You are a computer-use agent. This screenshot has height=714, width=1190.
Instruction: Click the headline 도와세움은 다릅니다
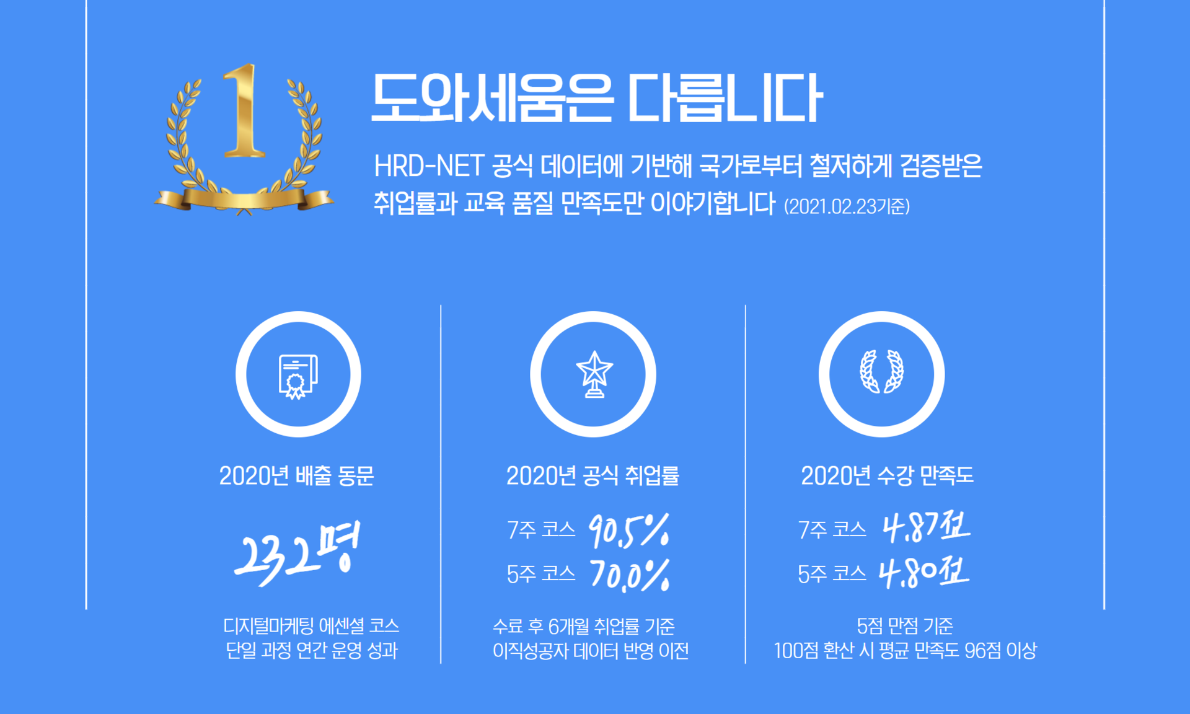point(596,98)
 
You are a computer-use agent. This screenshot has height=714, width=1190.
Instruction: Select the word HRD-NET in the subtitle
point(428,166)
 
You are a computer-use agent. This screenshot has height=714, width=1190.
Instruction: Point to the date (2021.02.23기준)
point(847,206)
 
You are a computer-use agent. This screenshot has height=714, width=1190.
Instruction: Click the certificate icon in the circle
point(298,376)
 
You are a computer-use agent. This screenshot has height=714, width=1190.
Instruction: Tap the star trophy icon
point(594,374)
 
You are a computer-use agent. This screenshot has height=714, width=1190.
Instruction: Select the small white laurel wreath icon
point(881,372)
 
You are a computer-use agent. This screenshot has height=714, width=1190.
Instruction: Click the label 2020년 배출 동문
point(296,476)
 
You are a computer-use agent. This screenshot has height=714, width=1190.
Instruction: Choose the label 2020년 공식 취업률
point(593,476)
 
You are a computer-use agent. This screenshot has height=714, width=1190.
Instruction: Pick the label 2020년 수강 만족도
point(887,476)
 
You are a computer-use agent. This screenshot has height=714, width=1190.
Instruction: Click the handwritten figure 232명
point(297,553)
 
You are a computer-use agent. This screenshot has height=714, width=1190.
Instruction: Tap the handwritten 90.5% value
point(629,531)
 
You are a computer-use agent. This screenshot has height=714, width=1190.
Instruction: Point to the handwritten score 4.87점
point(926,527)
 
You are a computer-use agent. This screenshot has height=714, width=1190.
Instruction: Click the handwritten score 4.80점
point(924,573)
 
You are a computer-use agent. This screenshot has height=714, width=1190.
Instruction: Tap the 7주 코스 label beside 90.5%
point(541,530)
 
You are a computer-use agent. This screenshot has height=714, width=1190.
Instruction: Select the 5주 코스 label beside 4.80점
point(832,575)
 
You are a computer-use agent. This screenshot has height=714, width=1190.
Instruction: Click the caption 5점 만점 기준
point(905,627)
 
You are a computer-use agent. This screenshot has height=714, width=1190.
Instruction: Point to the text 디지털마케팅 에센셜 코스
point(311,626)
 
